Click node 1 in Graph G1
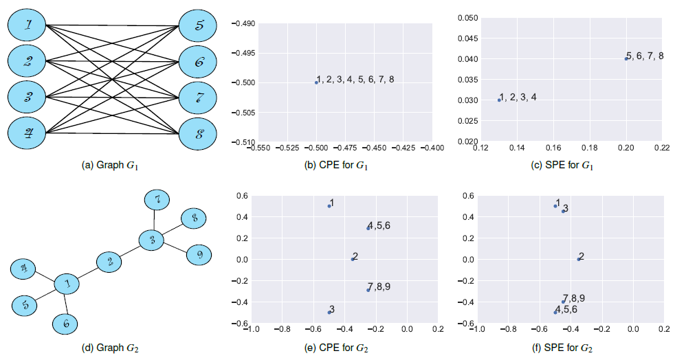click(27, 26)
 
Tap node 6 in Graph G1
click(199, 62)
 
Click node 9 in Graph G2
click(199, 254)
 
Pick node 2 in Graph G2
click(109, 262)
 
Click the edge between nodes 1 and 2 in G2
click(88, 272)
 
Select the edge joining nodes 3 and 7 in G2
click(155, 219)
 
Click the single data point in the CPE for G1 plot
click(316, 82)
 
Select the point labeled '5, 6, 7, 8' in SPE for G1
click(626, 58)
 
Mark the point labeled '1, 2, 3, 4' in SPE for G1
click(499, 100)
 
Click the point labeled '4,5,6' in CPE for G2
click(368, 227)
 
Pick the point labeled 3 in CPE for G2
click(329, 312)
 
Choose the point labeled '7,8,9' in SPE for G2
click(563, 302)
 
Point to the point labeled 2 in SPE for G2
click(579, 259)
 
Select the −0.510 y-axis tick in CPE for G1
click(245, 142)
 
